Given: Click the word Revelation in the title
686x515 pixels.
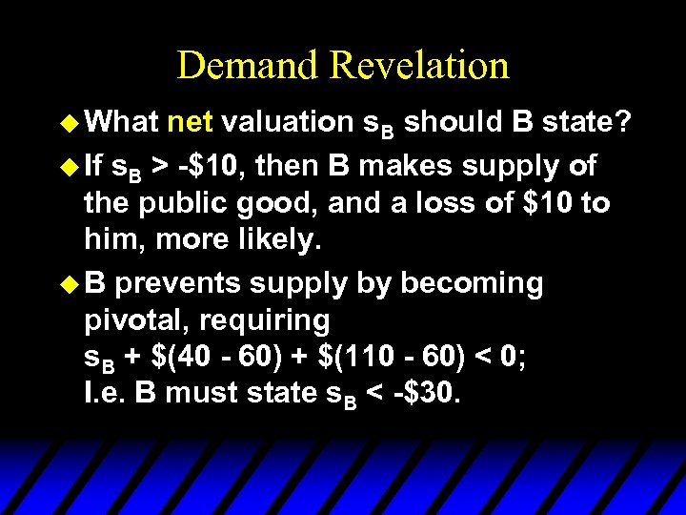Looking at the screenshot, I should (x=419, y=66).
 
